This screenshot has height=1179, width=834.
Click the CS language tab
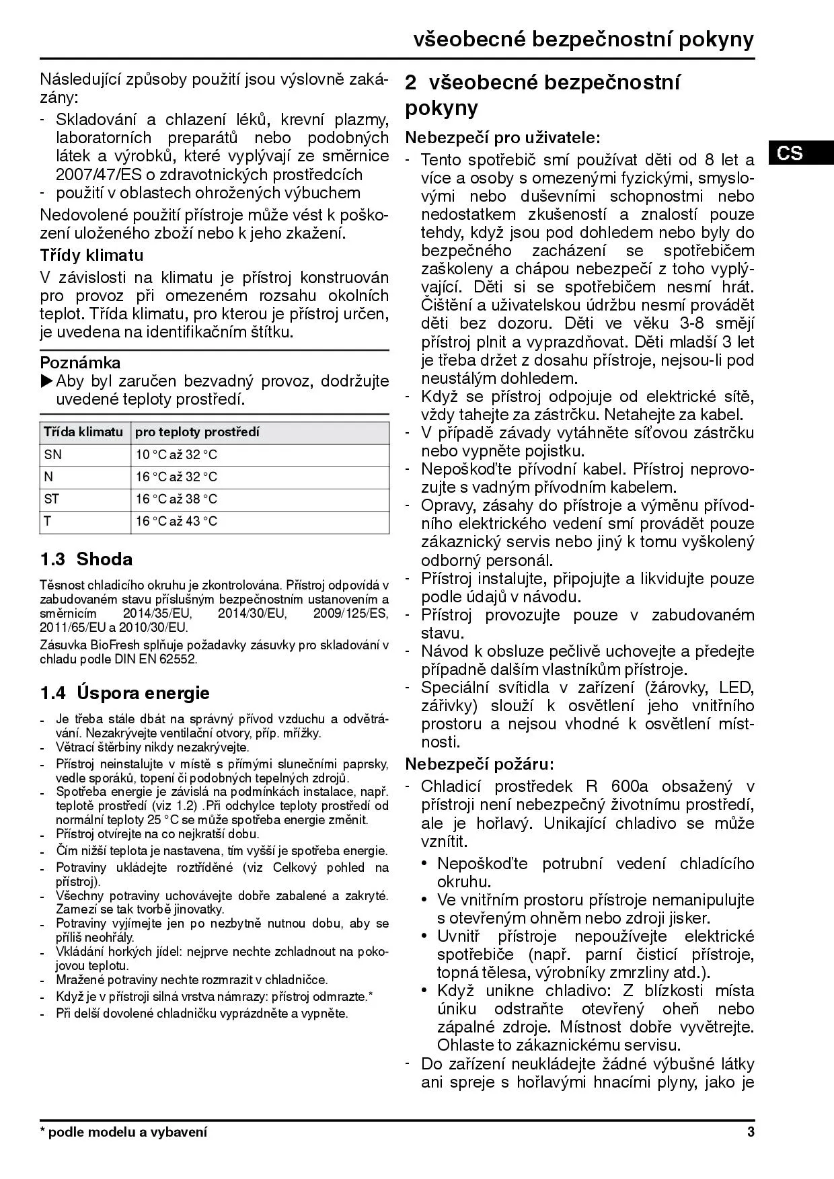[790, 153]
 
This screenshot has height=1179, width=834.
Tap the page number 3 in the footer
[751, 1132]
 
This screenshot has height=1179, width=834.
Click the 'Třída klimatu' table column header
[83, 432]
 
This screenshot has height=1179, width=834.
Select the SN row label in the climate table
[53, 454]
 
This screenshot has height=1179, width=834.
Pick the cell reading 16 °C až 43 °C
[177, 521]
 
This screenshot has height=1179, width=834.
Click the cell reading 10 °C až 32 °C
[177, 454]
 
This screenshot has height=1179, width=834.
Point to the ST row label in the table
[52, 499]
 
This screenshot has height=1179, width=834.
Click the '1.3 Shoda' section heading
[86, 559]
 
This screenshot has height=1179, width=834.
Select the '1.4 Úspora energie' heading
[124, 693]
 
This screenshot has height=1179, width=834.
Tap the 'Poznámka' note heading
[80, 363]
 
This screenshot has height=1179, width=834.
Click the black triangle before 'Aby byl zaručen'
[46, 381]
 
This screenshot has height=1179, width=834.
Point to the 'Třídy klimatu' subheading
[91, 255]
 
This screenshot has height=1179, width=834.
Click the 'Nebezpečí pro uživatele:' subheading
[502, 138]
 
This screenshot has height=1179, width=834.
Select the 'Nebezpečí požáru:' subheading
[480, 764]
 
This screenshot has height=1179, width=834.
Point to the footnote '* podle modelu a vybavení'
[124, 1132]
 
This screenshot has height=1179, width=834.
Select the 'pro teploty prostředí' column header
[197, 432]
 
